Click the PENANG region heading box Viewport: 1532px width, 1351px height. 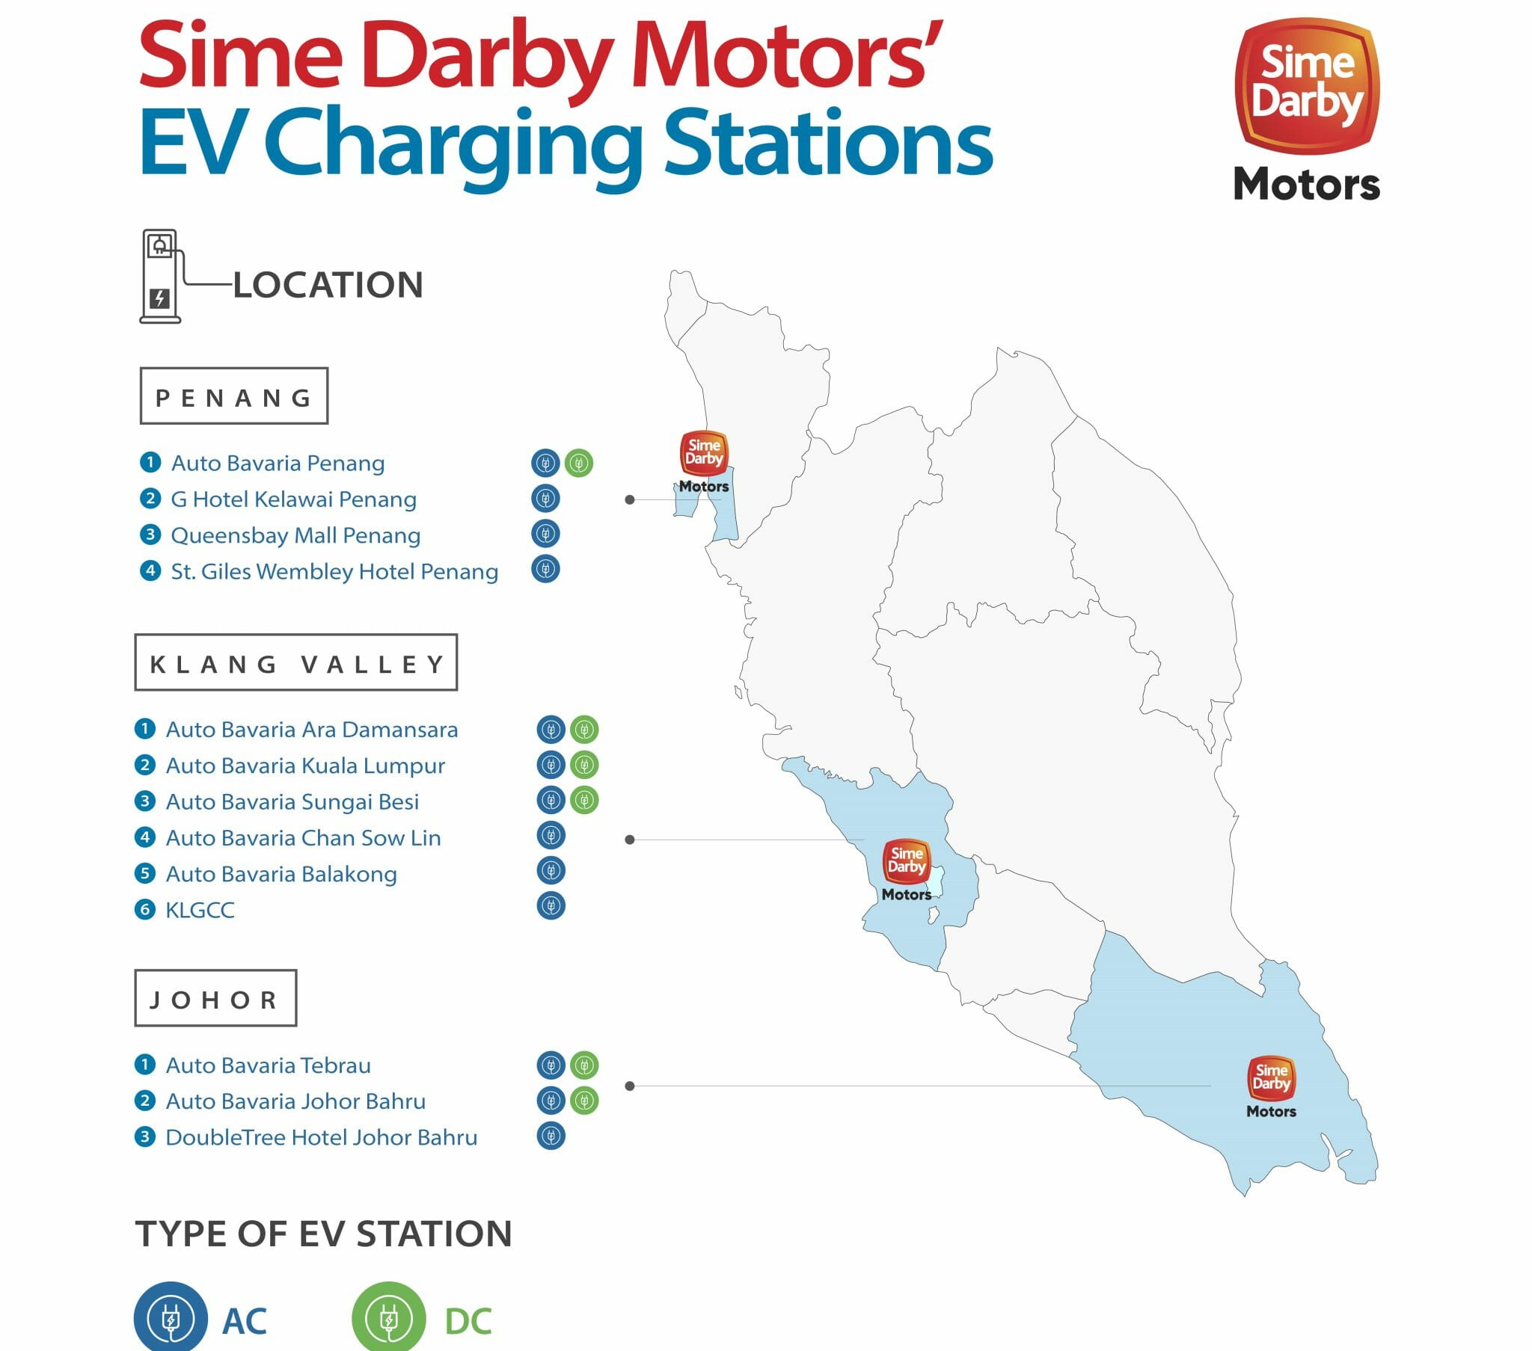tap(234, 396)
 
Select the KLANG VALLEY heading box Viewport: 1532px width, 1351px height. tap(296, 663)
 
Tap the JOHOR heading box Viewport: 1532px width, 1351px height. tap(216, 999)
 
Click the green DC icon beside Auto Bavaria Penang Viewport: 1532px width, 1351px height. tap(579, 463)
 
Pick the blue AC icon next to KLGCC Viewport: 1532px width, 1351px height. tap(551, 906)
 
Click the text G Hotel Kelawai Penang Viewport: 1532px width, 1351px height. tap(294, 499)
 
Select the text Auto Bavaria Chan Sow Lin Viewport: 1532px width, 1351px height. tap(304, 837)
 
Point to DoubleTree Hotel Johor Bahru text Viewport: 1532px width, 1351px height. tap(322, 1137)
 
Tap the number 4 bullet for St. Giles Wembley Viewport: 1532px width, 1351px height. tap(150, 571)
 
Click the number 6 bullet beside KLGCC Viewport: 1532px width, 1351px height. tap(144, 910)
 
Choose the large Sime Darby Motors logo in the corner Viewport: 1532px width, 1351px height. tap(1307, 108)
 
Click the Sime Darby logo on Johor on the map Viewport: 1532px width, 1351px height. tap(1271, 1086)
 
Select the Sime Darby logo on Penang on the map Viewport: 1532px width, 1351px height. tap(704, 461)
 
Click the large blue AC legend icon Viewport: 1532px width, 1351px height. tap(171, 1319)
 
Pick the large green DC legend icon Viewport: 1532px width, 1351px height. tap(389, 1319)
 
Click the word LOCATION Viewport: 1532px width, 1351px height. tap(328, 286)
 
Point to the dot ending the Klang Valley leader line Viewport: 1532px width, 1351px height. tap(630, 840)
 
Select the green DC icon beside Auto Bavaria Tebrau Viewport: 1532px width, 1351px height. tap(584, 1065)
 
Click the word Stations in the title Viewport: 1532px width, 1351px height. tap(828, 142)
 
